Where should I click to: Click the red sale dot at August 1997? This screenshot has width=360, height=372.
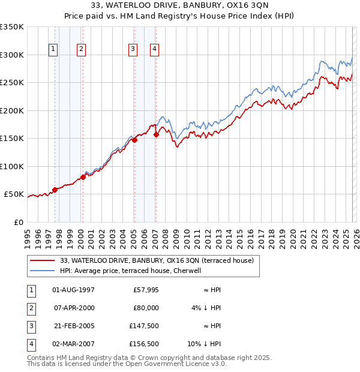coord(55,190)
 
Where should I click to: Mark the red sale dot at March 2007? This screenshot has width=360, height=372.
coord(156,135)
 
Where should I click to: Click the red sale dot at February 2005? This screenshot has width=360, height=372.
coord(134,140)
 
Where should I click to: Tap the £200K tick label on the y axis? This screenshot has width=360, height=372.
coord(11,110)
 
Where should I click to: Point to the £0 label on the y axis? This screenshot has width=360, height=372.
coord(18,222)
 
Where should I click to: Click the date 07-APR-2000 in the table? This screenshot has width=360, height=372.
coord(73,308)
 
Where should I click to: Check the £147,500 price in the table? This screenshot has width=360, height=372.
coord(144,326)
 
